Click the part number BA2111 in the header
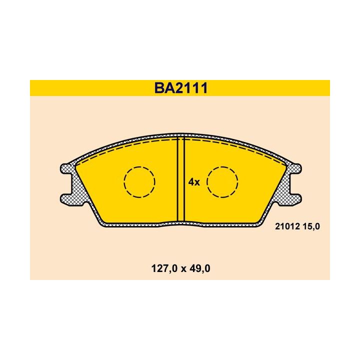click(x=180, y=88)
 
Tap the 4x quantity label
click(x=194, y=182)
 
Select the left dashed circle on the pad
click(x=139, y=181)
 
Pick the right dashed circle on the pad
click(x=223, y=181)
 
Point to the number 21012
click(x=286, y=226)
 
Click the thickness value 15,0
click(x=309, y=226)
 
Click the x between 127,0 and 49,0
click(x=181, y=268)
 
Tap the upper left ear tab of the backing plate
click(x=65, y=168)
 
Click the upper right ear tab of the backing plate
click(x=296, y=168)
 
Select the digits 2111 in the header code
click(x=191, y=88)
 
